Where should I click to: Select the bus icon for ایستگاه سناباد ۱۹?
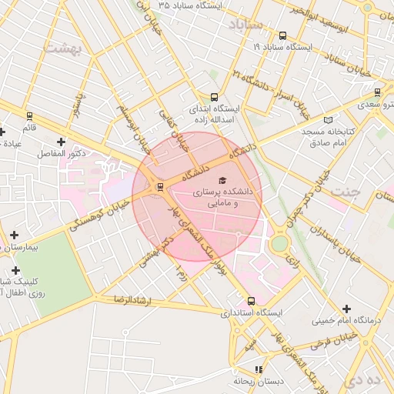coord(283,35)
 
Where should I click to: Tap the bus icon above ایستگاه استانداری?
coord(251,301)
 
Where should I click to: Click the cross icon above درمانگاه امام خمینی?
coord(346,309)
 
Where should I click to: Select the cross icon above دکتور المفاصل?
coord(61,142)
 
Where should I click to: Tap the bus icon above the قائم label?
coord(29,116)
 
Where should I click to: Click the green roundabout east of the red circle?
coord(279,243)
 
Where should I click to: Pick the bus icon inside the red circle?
coord(159,186)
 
